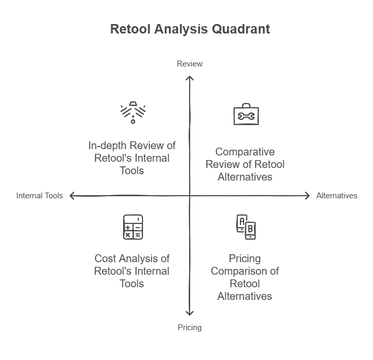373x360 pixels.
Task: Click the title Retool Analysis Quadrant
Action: coord(190,29)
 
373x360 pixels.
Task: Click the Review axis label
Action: coord(189,64)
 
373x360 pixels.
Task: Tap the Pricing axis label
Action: coord(189,328)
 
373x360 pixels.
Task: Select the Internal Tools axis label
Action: coord(39,196)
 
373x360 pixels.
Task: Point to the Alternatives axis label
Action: coord(337,196)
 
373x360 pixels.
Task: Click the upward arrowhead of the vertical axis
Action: coord(190,77)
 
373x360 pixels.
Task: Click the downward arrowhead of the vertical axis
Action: coord(190,314)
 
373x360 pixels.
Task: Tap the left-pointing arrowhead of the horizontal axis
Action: coord(72,196)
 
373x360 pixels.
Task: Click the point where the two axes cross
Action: coord(190,196)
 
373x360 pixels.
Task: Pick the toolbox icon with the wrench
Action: coord(246,114)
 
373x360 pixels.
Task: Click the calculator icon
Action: coord(133,227)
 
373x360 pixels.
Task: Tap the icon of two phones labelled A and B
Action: coord(246,227)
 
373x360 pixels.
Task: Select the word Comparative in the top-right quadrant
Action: coord(245,152)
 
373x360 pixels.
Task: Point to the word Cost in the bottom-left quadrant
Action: coord(105,258)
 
